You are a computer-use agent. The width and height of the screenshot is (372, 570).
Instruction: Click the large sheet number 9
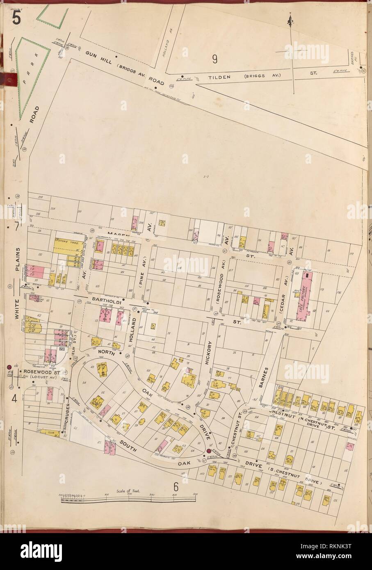point(214,59)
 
